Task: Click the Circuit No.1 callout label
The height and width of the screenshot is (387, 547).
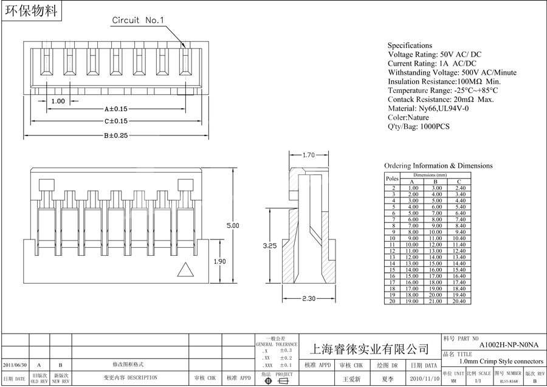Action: [138, 20]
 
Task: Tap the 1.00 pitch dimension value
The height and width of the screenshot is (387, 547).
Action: [58, 101]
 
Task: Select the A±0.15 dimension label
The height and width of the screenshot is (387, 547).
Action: [116, 109]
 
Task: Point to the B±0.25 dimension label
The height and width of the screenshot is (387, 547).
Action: [116, 135]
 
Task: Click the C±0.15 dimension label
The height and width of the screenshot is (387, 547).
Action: [116, 122]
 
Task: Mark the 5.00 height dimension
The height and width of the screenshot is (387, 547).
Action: [233, 225]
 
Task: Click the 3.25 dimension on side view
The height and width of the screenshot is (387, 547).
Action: [270, 246]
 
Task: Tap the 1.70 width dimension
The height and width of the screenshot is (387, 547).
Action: [309, 156]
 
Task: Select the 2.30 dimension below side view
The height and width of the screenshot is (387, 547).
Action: [309, 299]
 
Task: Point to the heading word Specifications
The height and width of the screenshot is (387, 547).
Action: [410, 46]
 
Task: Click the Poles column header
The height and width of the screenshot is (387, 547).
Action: [392, 179]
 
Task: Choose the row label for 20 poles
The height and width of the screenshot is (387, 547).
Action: [392, 301]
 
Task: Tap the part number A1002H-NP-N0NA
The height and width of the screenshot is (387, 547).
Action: [509, 344]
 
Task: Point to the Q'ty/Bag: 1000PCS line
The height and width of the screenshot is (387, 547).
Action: [419, 126]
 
